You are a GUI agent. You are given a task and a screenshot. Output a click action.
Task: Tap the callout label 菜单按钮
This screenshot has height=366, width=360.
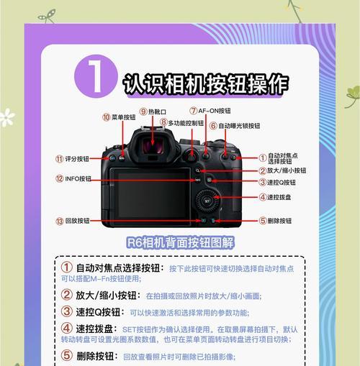pos(123,116)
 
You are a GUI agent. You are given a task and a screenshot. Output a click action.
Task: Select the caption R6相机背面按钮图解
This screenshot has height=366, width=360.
pos(180,242)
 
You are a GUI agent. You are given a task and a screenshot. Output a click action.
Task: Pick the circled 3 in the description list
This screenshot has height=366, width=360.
pos(66,312)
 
